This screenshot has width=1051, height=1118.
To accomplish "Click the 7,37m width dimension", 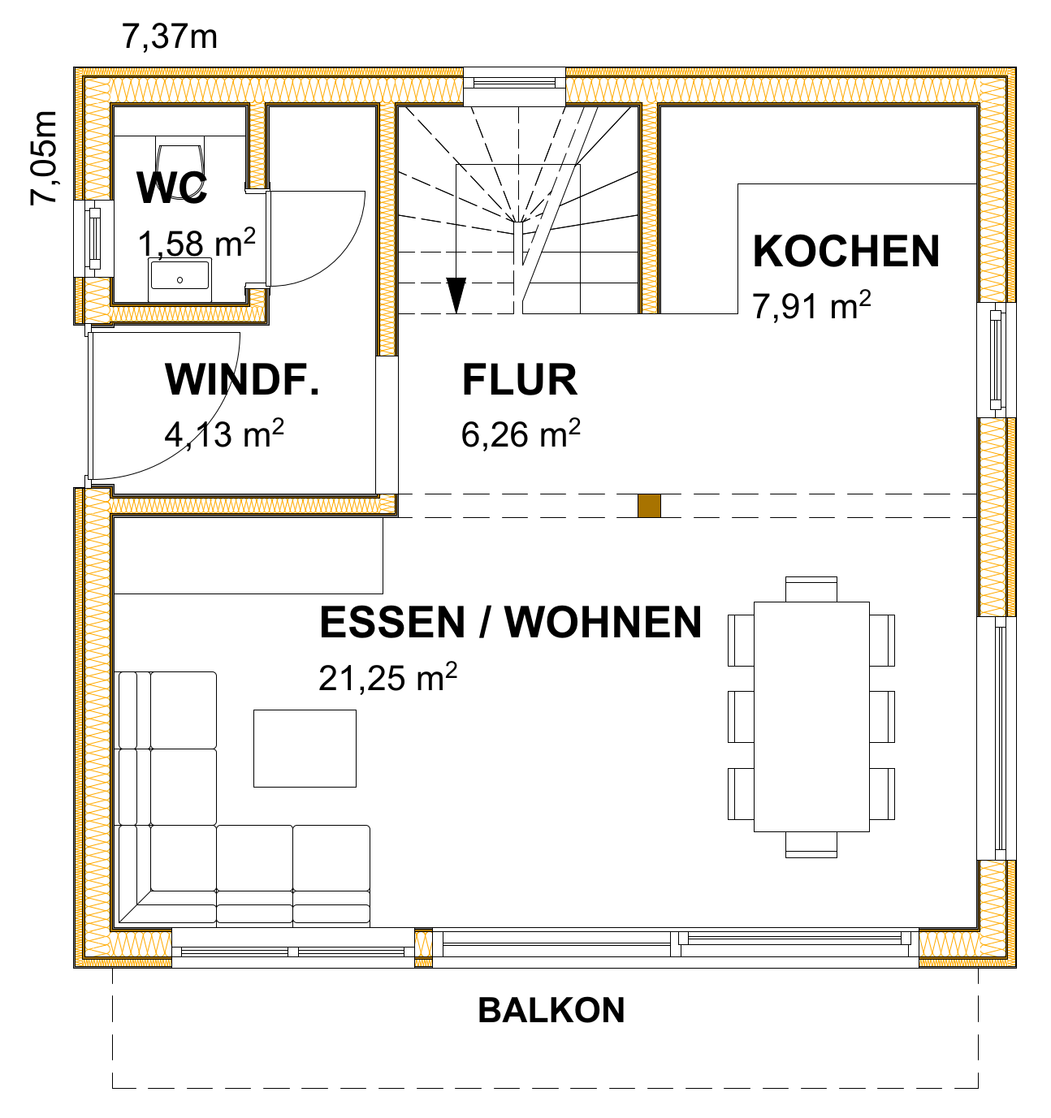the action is (x=170, y=37).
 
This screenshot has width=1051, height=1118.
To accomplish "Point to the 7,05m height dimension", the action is (x=44, y=158).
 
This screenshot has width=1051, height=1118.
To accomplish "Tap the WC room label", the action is (x=172, y=188).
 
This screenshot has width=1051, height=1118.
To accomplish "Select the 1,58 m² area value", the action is (x=197, y=244).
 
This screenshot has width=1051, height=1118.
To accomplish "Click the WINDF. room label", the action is (x=242, y=380).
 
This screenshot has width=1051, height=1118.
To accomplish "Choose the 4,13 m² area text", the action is (x=224, y=434).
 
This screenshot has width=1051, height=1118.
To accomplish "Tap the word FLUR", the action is (x=519, y=380).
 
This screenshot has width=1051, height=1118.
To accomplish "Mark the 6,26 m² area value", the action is (x=521, y=434).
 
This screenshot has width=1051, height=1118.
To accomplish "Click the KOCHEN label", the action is (x=846, y=251).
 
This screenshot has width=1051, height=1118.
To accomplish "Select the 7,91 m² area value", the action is (x=811, y=305).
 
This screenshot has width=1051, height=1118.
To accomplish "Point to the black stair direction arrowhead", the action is (x=456, y=295).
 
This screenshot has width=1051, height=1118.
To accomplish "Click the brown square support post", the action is (x=649, y=506).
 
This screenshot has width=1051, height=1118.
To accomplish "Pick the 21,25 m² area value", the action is (x=387, y=677).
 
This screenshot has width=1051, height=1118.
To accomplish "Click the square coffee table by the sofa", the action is (x=305, y=748).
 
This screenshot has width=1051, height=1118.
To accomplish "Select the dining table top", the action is (x=811, y=717).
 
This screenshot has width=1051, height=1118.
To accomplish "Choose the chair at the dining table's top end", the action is (x=811, y=589).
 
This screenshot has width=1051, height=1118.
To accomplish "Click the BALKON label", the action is (x=551, y=1010).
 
